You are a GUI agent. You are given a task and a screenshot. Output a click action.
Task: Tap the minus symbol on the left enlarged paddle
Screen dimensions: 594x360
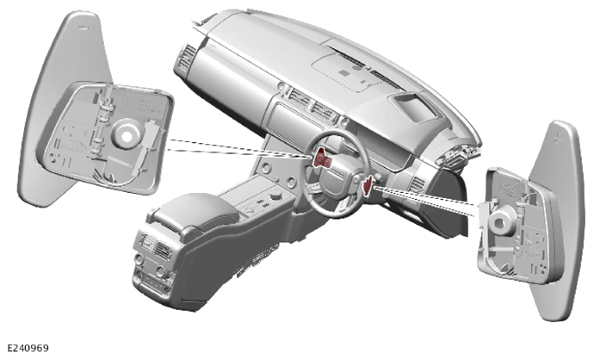click(x=84, y=28)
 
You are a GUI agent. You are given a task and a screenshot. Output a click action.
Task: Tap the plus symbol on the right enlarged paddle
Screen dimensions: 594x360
click(x=556, y=137)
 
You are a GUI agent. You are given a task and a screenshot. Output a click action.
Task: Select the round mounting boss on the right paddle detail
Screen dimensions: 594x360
click(x=502, y=220)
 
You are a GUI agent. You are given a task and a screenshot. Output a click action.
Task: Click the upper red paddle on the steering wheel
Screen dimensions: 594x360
click(x=322, y=158)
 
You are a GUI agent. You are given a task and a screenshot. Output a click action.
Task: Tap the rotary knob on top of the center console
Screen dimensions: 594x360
click(x=275, y=196)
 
